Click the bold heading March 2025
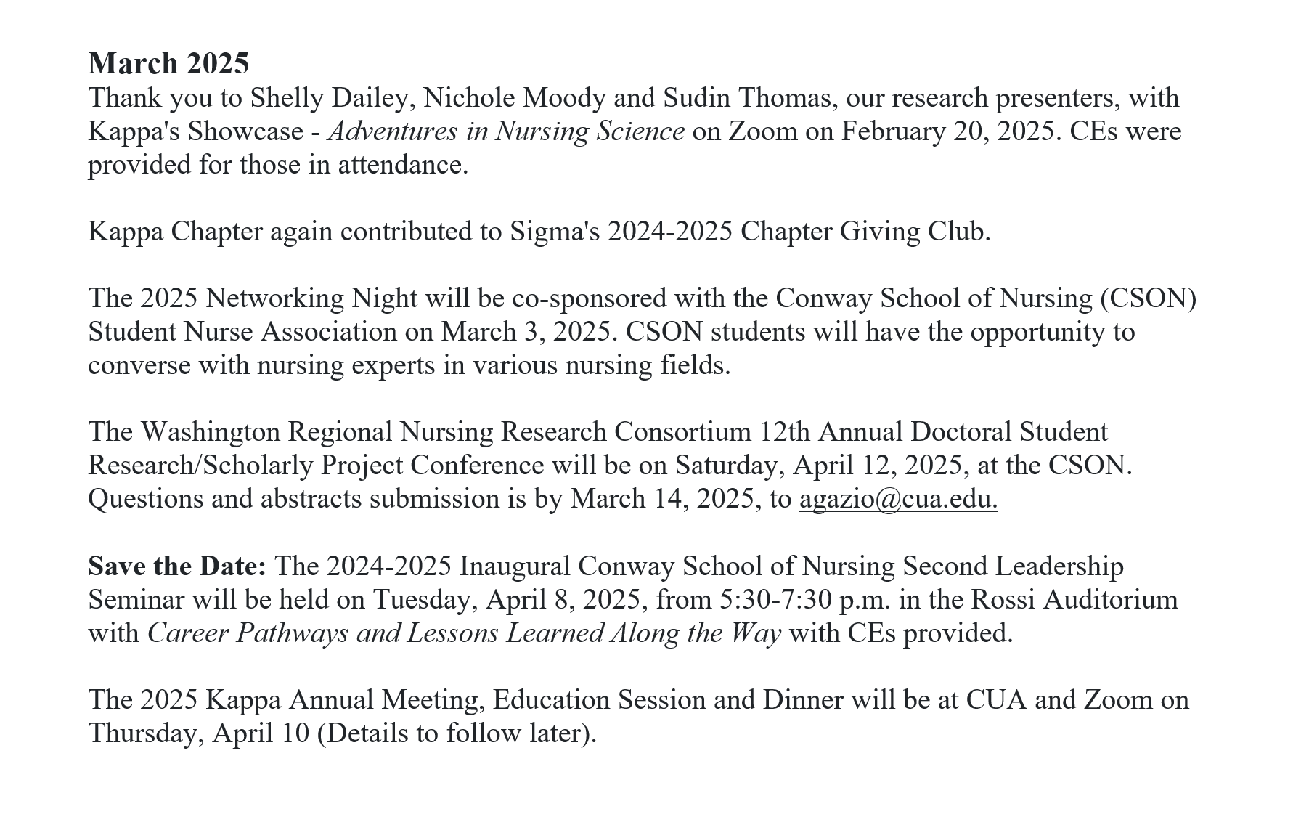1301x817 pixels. tap(168, 64)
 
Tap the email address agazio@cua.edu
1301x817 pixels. tap(898, 499)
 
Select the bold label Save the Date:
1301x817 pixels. tap(177, 566)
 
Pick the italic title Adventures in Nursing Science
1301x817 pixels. tap(506, 131)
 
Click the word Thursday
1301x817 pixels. tap(145, 733)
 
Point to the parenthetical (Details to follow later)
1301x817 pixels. tap(457, 733)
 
